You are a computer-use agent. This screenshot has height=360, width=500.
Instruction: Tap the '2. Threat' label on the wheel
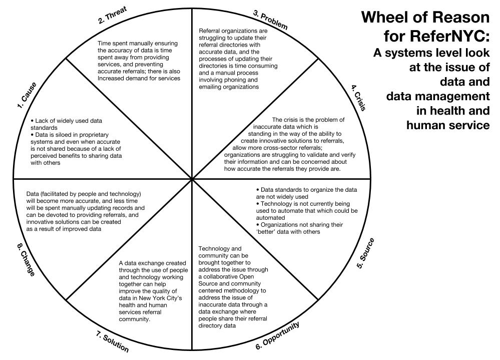click(x=112, y=16)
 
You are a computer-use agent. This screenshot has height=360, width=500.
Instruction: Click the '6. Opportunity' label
click(x=278, y=335)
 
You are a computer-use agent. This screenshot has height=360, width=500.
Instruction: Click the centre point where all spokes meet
click(x=193, y=179)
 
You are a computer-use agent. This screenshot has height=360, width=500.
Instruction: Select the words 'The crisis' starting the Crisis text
click(x=287, y=120)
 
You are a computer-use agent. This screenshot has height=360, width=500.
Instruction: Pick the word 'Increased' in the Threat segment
click(x=112, y=79)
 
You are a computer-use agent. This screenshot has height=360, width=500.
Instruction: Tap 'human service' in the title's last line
click(x=449, y=125)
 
